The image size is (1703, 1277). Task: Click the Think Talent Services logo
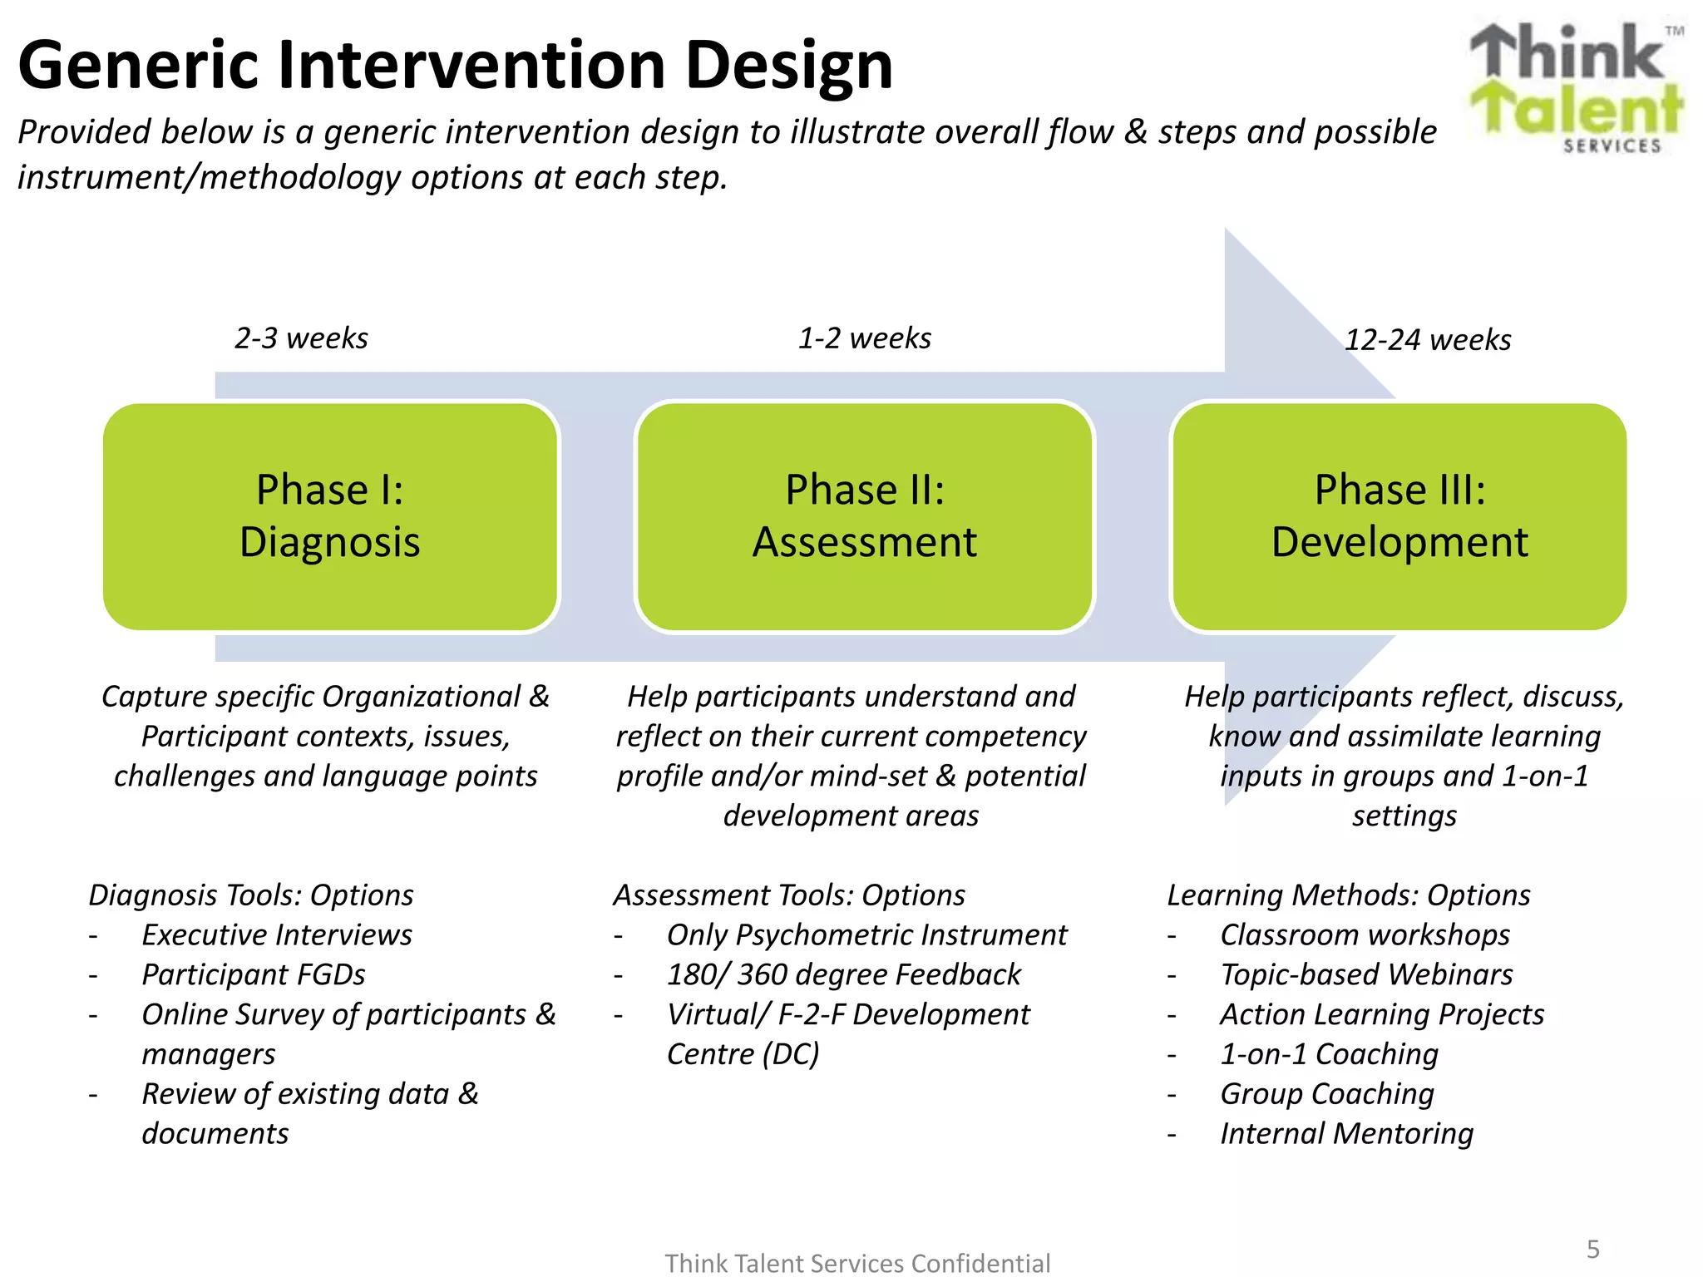point(1576,87)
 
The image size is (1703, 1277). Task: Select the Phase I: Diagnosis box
point(330,516)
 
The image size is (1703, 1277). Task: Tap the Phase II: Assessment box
point(864,516)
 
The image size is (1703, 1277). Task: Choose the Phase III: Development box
point(1399,516)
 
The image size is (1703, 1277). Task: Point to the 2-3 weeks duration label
point(301,338)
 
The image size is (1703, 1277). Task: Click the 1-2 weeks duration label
point(864,338)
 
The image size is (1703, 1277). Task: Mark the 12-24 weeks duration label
point(1427,340)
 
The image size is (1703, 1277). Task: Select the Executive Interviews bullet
point(276,934)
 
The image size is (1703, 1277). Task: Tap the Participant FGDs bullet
point(253,974)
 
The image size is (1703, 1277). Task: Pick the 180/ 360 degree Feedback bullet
point(843,974)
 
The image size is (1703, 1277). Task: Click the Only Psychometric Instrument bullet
point(866,934)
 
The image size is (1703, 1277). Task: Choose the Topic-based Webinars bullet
point(1366,974)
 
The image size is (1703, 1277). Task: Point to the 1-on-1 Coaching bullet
point(1329,1054)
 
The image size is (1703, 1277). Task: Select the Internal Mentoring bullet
point(1346,1133)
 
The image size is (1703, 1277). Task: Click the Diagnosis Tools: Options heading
point(251,895)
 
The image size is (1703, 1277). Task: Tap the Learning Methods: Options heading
point(1348,895)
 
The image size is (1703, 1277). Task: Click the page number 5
point(1592,1249)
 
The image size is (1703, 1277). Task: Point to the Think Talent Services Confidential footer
point(857,1263)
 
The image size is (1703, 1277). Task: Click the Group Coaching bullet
point(1327,1094)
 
